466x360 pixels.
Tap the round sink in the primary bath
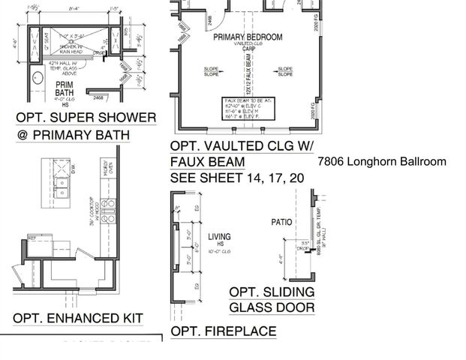[37, 79]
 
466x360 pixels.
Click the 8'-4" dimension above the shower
[74, 10]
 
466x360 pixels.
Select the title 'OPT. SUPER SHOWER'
[86, 118]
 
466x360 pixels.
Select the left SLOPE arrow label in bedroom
[212, 72]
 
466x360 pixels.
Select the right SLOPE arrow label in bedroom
[285, 72]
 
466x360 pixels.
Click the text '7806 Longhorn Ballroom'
[381, 161]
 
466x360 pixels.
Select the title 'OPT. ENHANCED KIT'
[77, 318]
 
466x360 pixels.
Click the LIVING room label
[219, 238]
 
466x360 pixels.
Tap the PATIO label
[281, 223]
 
